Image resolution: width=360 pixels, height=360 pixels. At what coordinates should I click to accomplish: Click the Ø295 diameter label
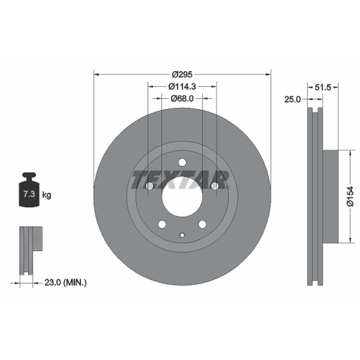182,75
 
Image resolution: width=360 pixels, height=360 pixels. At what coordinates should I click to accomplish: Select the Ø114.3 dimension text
182,87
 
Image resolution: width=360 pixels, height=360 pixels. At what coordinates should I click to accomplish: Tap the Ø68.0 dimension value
182,99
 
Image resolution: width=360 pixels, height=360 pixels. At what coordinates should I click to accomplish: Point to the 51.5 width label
323,87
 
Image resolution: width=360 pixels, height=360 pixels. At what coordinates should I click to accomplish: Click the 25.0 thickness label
292,99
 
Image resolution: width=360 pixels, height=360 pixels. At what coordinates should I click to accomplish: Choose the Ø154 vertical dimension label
351,197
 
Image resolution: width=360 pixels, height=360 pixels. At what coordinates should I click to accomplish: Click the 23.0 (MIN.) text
65,283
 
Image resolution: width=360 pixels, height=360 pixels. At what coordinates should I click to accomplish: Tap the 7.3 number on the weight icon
29,194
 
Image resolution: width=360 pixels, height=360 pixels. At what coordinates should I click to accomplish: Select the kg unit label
47,195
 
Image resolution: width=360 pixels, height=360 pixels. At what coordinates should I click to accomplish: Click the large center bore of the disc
182,197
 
